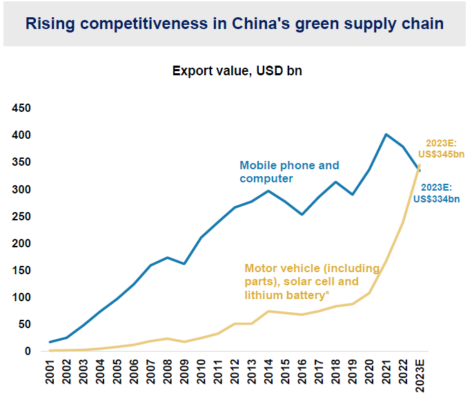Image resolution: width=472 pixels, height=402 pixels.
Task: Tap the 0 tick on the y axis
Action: [x=28, y=351]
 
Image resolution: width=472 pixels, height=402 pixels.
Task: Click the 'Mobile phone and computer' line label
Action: [x=289, y=172]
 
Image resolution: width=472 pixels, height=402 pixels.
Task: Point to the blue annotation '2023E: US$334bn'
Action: [x=436, y=193]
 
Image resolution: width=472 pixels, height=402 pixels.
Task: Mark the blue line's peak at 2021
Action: [x=386, y=135]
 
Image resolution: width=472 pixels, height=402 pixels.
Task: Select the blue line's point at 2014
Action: [x=268, y=191]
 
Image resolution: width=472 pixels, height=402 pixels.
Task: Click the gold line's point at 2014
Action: [x=268, y=312]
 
